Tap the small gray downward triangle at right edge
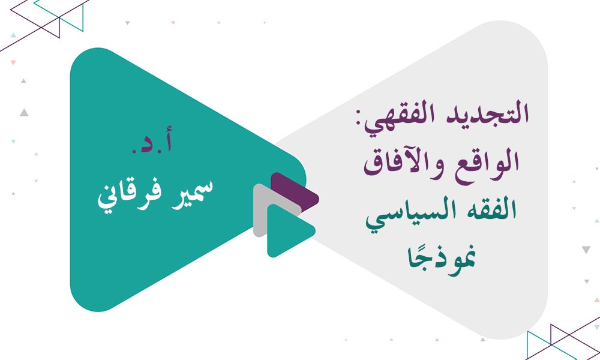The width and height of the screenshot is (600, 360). [586, 250]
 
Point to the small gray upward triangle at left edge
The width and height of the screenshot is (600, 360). [23, 112]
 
